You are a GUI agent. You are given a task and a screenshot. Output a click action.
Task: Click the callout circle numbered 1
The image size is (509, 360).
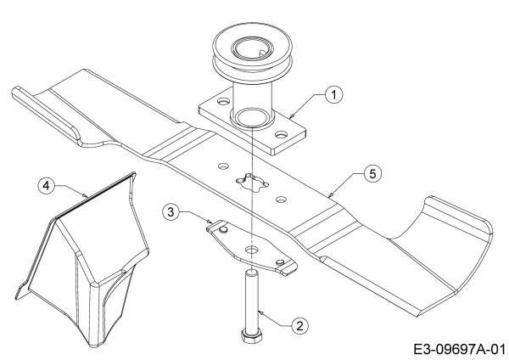[334, 95]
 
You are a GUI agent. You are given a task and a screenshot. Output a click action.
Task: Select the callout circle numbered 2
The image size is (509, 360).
[299, 325]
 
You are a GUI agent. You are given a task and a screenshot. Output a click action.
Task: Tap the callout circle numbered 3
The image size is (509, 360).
[171, 212]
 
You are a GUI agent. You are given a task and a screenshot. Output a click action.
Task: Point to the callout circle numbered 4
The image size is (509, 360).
[46, 186]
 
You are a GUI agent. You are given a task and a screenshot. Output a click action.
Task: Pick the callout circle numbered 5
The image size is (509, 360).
[372, 174]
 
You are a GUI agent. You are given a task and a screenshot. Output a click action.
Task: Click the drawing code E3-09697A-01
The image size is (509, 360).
[460, 350]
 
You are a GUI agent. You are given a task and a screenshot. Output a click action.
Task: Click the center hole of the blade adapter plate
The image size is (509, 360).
[251, 250]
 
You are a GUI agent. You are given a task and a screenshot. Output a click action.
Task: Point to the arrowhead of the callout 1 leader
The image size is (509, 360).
[291, 115]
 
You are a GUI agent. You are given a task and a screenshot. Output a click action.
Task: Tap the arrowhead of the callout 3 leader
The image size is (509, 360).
[210, 222]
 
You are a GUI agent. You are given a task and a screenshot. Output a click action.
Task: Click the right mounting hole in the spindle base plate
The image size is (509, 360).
[281, 133]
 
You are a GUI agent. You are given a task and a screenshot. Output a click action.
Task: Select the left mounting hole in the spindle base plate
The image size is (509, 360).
[223, 102]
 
